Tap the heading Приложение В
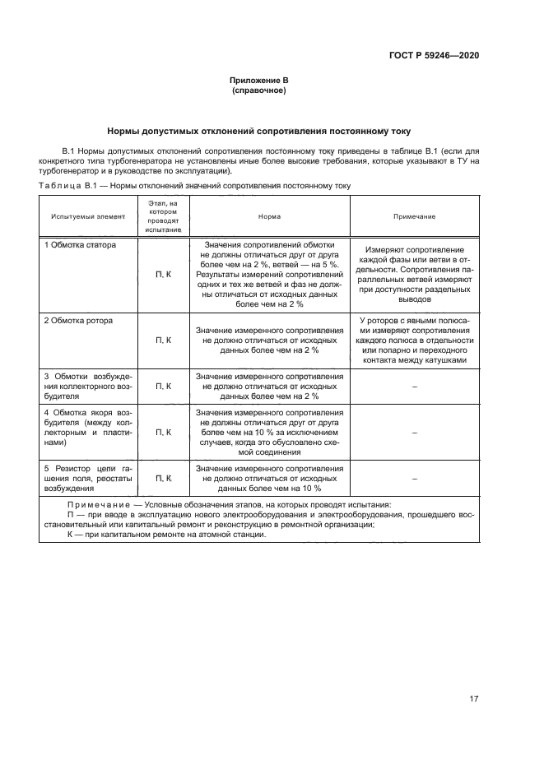[259, 81]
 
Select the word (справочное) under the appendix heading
[259, 90]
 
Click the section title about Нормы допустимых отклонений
[259, 131]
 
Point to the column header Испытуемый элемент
[88, 216]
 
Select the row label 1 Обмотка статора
[80, 245]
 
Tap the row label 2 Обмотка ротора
[78, 320]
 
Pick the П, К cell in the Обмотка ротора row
[163, 340]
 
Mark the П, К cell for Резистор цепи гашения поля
[163, 478]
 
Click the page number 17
[474, 699]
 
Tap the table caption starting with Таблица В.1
[194, 186]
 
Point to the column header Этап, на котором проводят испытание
[163, 216]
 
